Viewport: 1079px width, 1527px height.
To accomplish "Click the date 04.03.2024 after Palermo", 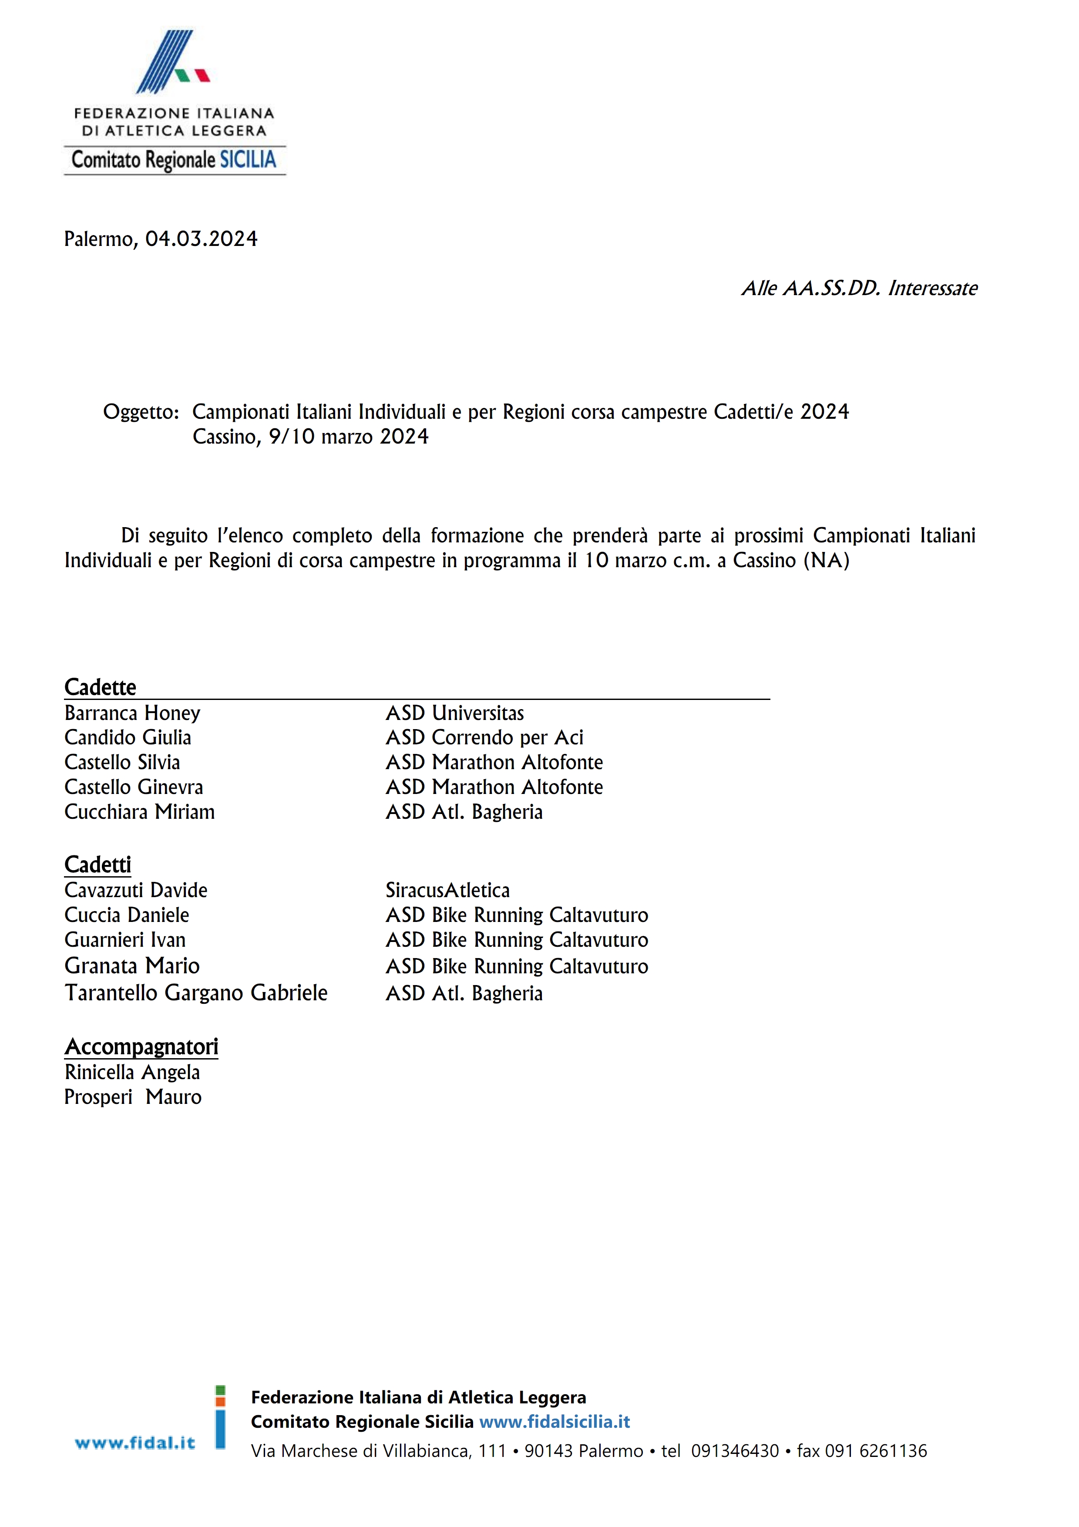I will [202, 239].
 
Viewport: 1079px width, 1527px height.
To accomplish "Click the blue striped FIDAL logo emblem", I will [171, 61].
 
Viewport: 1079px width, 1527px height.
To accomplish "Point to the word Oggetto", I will [140, 412].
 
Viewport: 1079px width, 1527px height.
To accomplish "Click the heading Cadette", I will [101, 687].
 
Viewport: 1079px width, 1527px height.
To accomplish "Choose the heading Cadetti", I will [98, 864].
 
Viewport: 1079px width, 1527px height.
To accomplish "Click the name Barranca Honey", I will [132, 713].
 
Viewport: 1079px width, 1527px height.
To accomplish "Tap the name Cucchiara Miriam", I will [140, 812].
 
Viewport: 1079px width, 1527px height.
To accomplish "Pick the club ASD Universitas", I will [455, 713].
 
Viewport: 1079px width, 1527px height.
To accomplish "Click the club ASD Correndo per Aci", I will [484, 737].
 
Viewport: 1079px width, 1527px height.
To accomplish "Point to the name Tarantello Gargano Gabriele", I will [196, 993].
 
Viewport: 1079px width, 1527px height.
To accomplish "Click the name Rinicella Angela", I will [132, 1072].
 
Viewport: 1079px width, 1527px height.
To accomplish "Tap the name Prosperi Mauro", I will [133, 1096].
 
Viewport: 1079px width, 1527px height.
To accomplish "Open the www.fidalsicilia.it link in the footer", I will [555, 1422].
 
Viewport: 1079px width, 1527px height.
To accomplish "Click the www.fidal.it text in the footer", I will [135, 1443].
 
